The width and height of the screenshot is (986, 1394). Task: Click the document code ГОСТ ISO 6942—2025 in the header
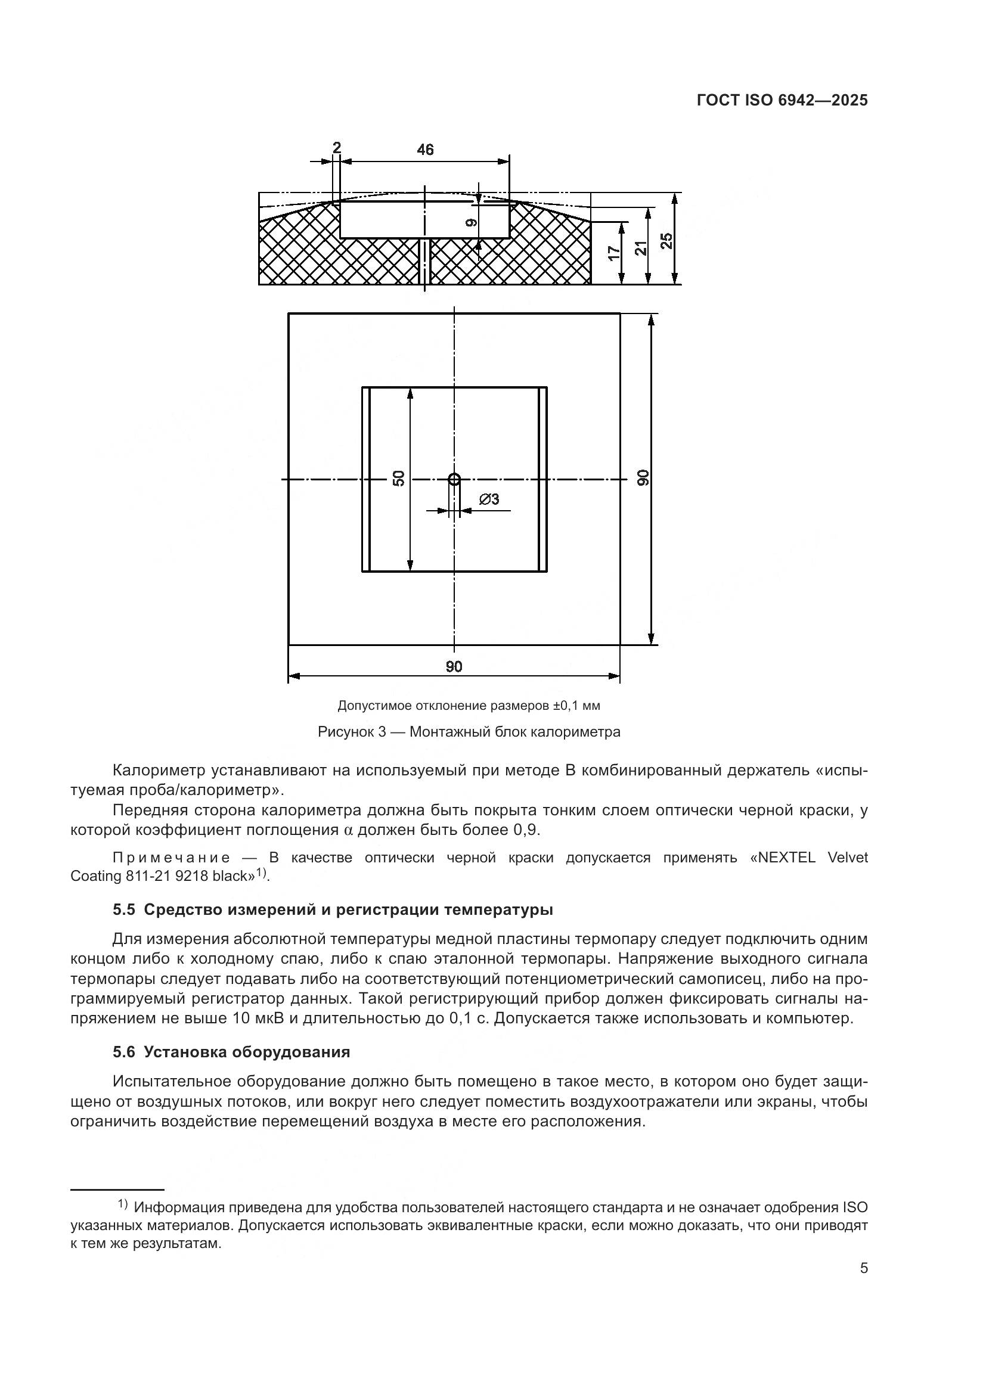point(782,101)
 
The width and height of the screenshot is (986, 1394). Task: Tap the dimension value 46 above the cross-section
point(425,150)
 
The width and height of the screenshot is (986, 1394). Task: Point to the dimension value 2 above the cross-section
point(337,148)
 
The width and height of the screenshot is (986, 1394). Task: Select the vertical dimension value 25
point(666,240)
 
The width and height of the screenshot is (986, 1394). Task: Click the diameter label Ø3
point(489,499)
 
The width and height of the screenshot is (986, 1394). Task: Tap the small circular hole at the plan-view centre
point(454,479)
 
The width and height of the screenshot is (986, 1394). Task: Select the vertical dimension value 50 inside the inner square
point(399,478)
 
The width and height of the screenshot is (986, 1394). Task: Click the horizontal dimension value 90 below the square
point(454,667)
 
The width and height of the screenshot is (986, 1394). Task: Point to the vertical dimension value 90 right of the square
point(643,478)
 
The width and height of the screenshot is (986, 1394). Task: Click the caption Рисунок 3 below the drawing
point(352,732)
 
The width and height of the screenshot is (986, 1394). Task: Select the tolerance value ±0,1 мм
point(576,706)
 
